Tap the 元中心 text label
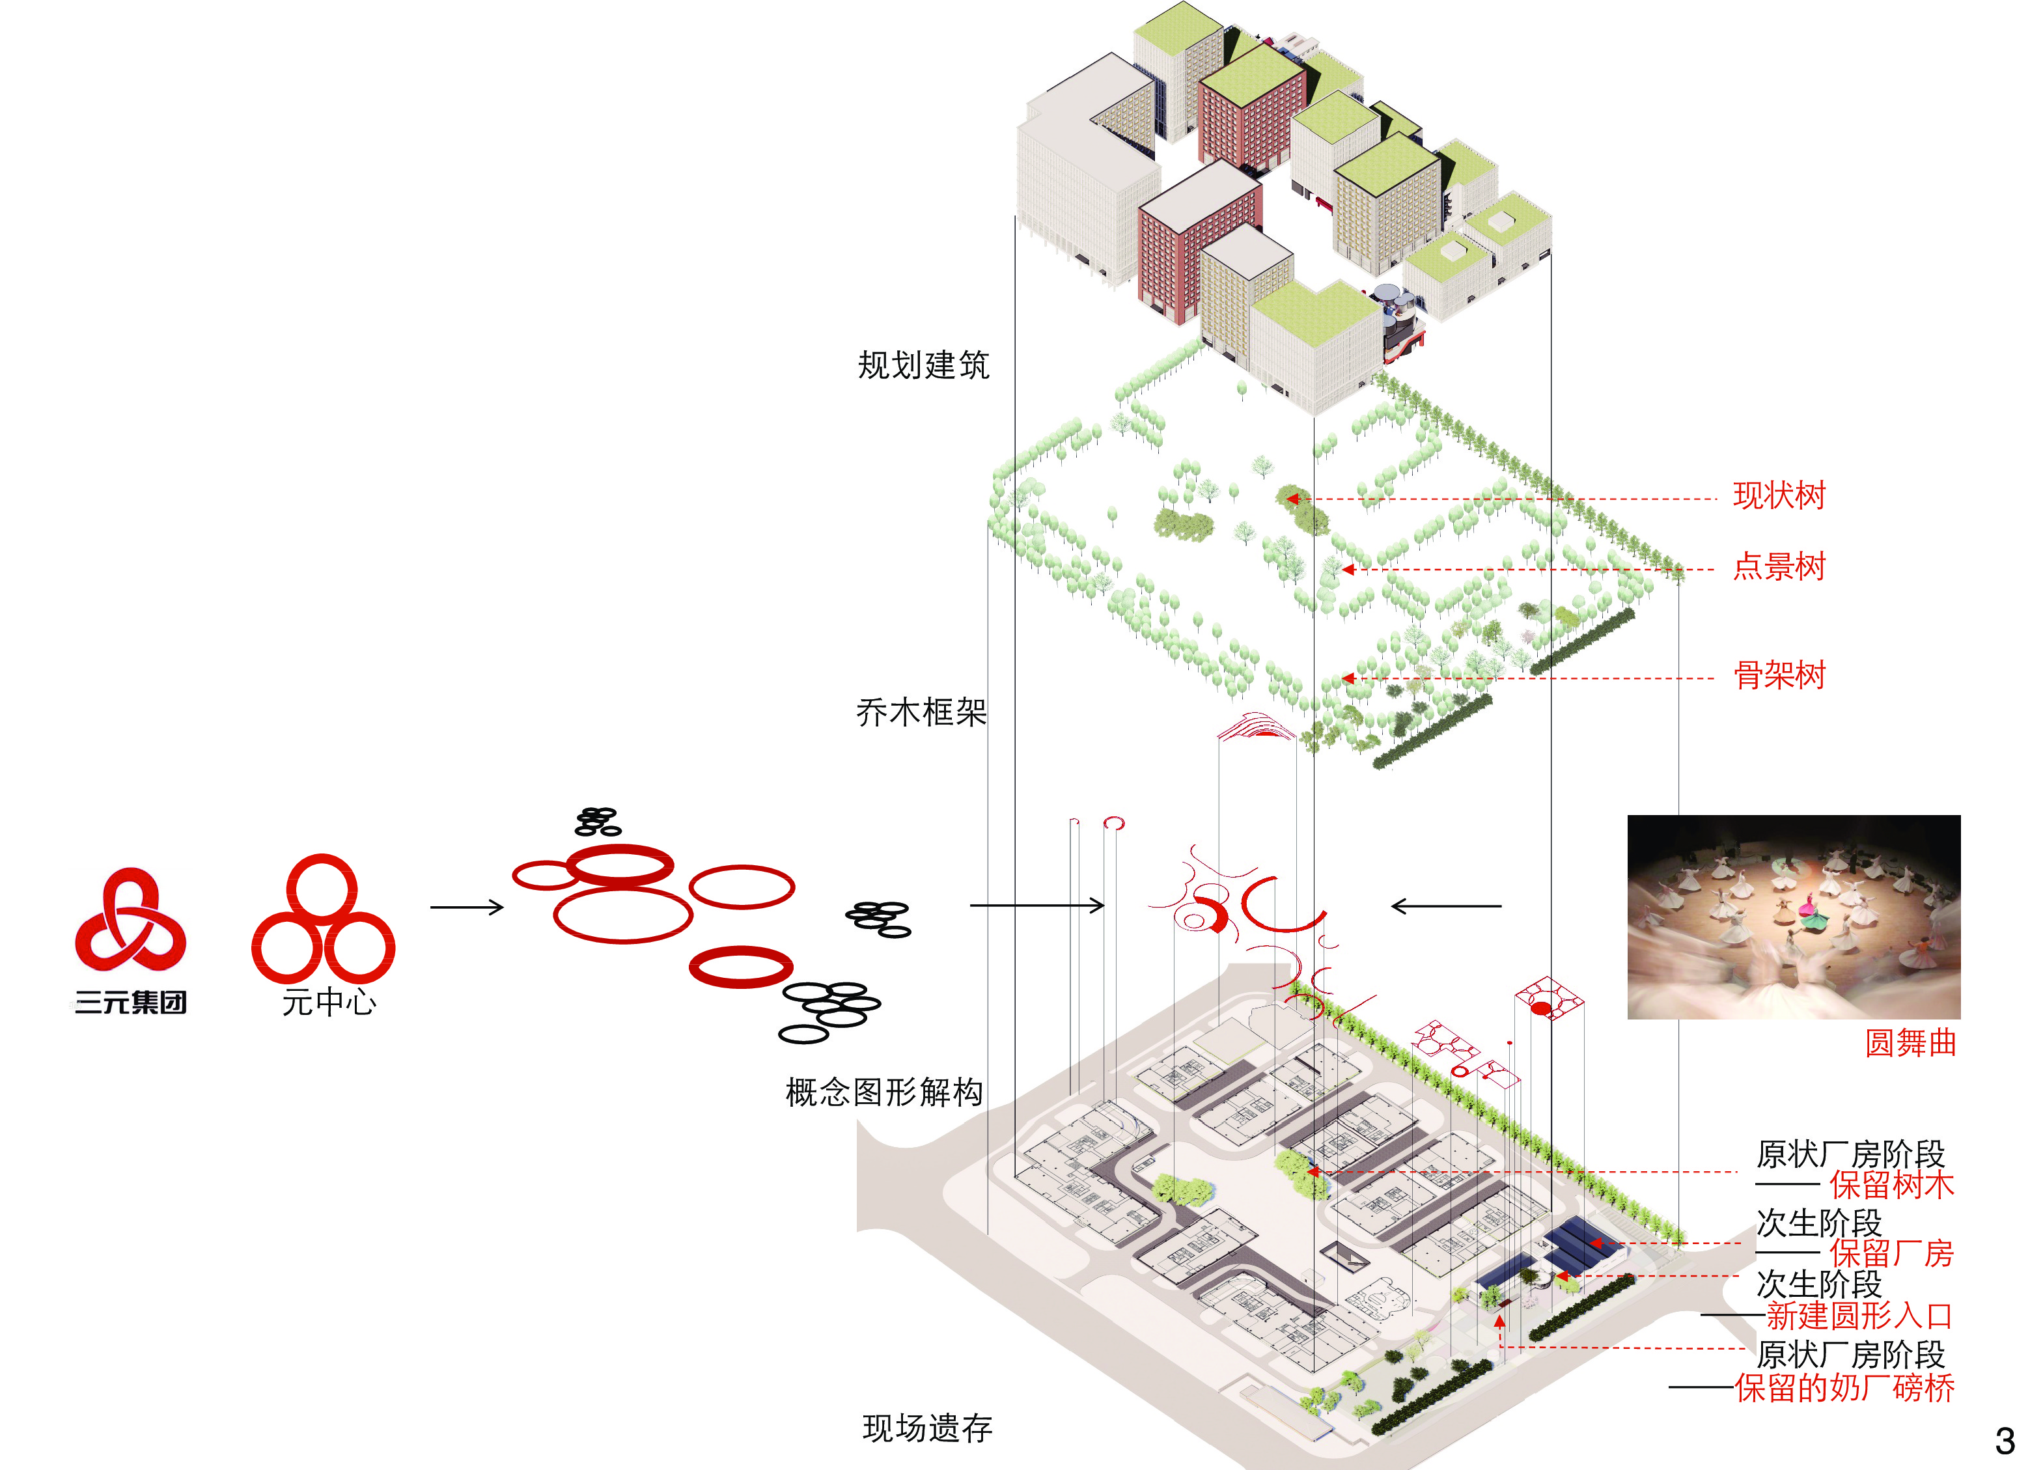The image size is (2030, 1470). pyautogui.click(x=329, y=1002)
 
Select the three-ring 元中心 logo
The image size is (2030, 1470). pyautogui.click(x=323, y=919)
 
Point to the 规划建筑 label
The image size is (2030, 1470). pyautogui.click(x=924, y=365)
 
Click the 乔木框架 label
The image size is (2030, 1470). pyautogui.click(x=922, y=713)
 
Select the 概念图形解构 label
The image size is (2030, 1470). pyautogui.click(x=884, y=1092)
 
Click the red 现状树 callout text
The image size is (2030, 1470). pyautogui.click(x=1779, y=495)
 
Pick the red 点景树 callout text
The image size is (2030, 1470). pyautogui.click(x=1779, y=566)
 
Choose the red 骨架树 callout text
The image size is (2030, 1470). pyautogui.click(x=1779, y=675)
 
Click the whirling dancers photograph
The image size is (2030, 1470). pyautogui.click(x=1794, y=917)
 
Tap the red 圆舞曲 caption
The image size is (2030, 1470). pyautogui.click(x=1910, y=1043)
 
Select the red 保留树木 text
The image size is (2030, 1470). pyautogui.click(x=1891, y=1186)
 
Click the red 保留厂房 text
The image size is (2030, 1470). pyautogui.click(x=1891, y=1253)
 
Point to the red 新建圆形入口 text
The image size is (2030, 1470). pyautogui.click(x=1859, y=1316)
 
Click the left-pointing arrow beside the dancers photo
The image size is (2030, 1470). pyautogui.click(x=1445, y=906)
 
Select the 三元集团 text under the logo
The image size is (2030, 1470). pyautogui.click(x=131, y=1003)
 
